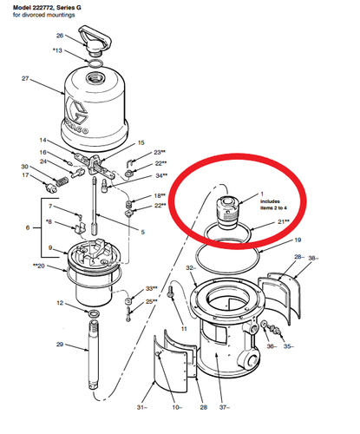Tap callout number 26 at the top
click(60, 36)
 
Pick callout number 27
click(26, 79)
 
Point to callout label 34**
click(160, 176)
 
